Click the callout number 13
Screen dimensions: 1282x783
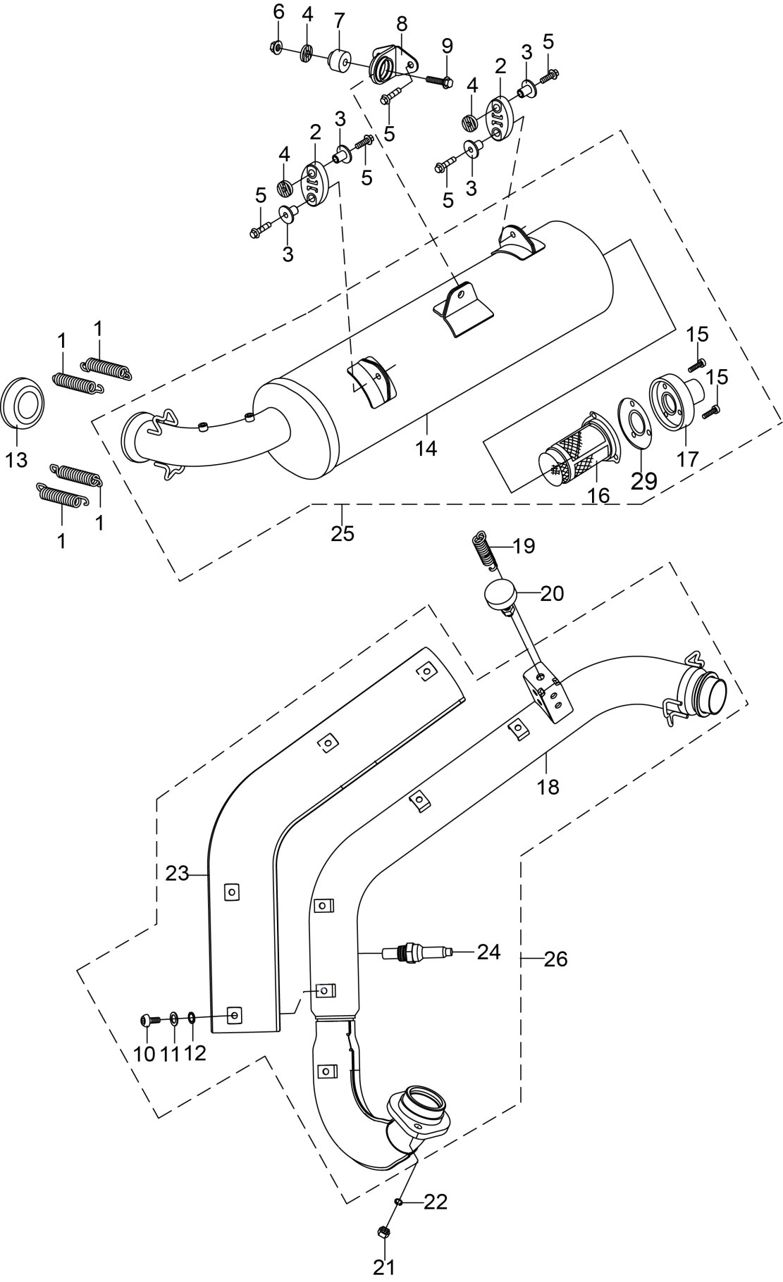click(x=16, y=460)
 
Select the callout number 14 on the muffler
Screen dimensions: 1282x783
click(x=427, y=447)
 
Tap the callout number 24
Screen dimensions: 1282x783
click(x=488, y=952)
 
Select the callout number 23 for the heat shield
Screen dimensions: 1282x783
click(x=177, y=873)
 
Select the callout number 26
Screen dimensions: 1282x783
click(x=555, y=959)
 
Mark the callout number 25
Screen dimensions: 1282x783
click(x=343, y=533)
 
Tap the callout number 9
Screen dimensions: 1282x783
click(x=447, y=46)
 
